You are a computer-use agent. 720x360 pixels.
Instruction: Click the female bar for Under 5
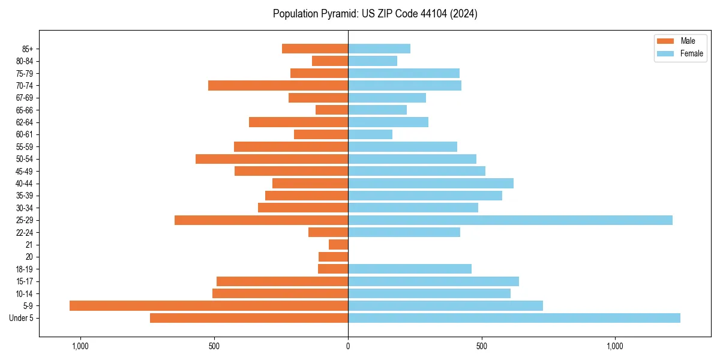(x=514, y=318)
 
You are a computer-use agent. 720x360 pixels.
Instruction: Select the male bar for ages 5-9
(x=209, y=306)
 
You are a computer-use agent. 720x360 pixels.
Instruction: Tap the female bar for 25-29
(x=510, y=220)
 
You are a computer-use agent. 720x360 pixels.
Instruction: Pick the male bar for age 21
(x=338, y=245)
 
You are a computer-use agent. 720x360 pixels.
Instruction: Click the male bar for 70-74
(x=278, y=86)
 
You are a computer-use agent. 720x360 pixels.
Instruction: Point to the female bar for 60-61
(x=370, y=134)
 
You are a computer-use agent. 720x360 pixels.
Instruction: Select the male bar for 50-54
(x=272, y=159)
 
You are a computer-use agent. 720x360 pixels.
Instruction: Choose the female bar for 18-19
(x=410, y=269)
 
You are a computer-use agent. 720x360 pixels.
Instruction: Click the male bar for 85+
(x=315, y=49)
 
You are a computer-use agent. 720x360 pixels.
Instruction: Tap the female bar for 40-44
(x=431, y=184)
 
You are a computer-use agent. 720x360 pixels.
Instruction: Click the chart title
(x=375, y=14)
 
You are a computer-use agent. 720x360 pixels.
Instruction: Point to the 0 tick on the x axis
(x=348, y=346)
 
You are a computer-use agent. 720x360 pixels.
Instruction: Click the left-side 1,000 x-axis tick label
(x=80, y=346)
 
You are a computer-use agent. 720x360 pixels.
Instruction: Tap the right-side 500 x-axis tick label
(x=481, y=346)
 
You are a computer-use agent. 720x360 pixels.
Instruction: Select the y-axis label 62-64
(x=24, y=122)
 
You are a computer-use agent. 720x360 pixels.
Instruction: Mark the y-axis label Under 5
(x=22, y=318)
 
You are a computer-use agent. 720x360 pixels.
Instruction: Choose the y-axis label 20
(x=29, y=257)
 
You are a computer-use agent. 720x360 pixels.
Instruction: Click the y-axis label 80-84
(x=24, y=61)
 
